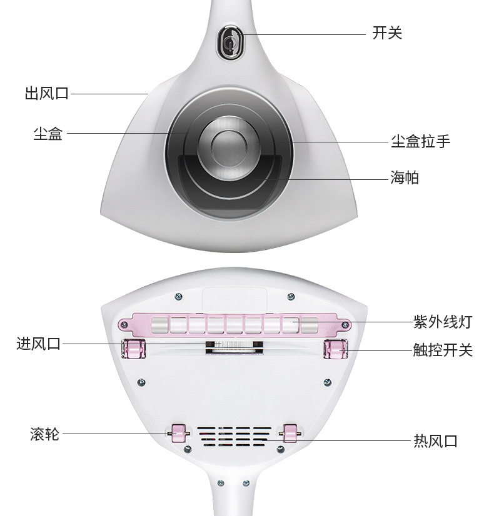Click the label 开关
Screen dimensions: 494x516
point(387,33)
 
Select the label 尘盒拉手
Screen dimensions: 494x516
point(420,141)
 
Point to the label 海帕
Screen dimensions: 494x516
point(405,178)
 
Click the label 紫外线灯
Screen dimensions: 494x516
point(442,322)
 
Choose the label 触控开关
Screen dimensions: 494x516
point(442,350)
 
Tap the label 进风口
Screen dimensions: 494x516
point(39,344)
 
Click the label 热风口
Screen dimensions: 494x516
point(435,441)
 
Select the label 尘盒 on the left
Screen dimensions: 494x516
point(48,133)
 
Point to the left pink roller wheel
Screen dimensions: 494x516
point(177,432)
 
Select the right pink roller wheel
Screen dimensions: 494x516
point(290,432)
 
